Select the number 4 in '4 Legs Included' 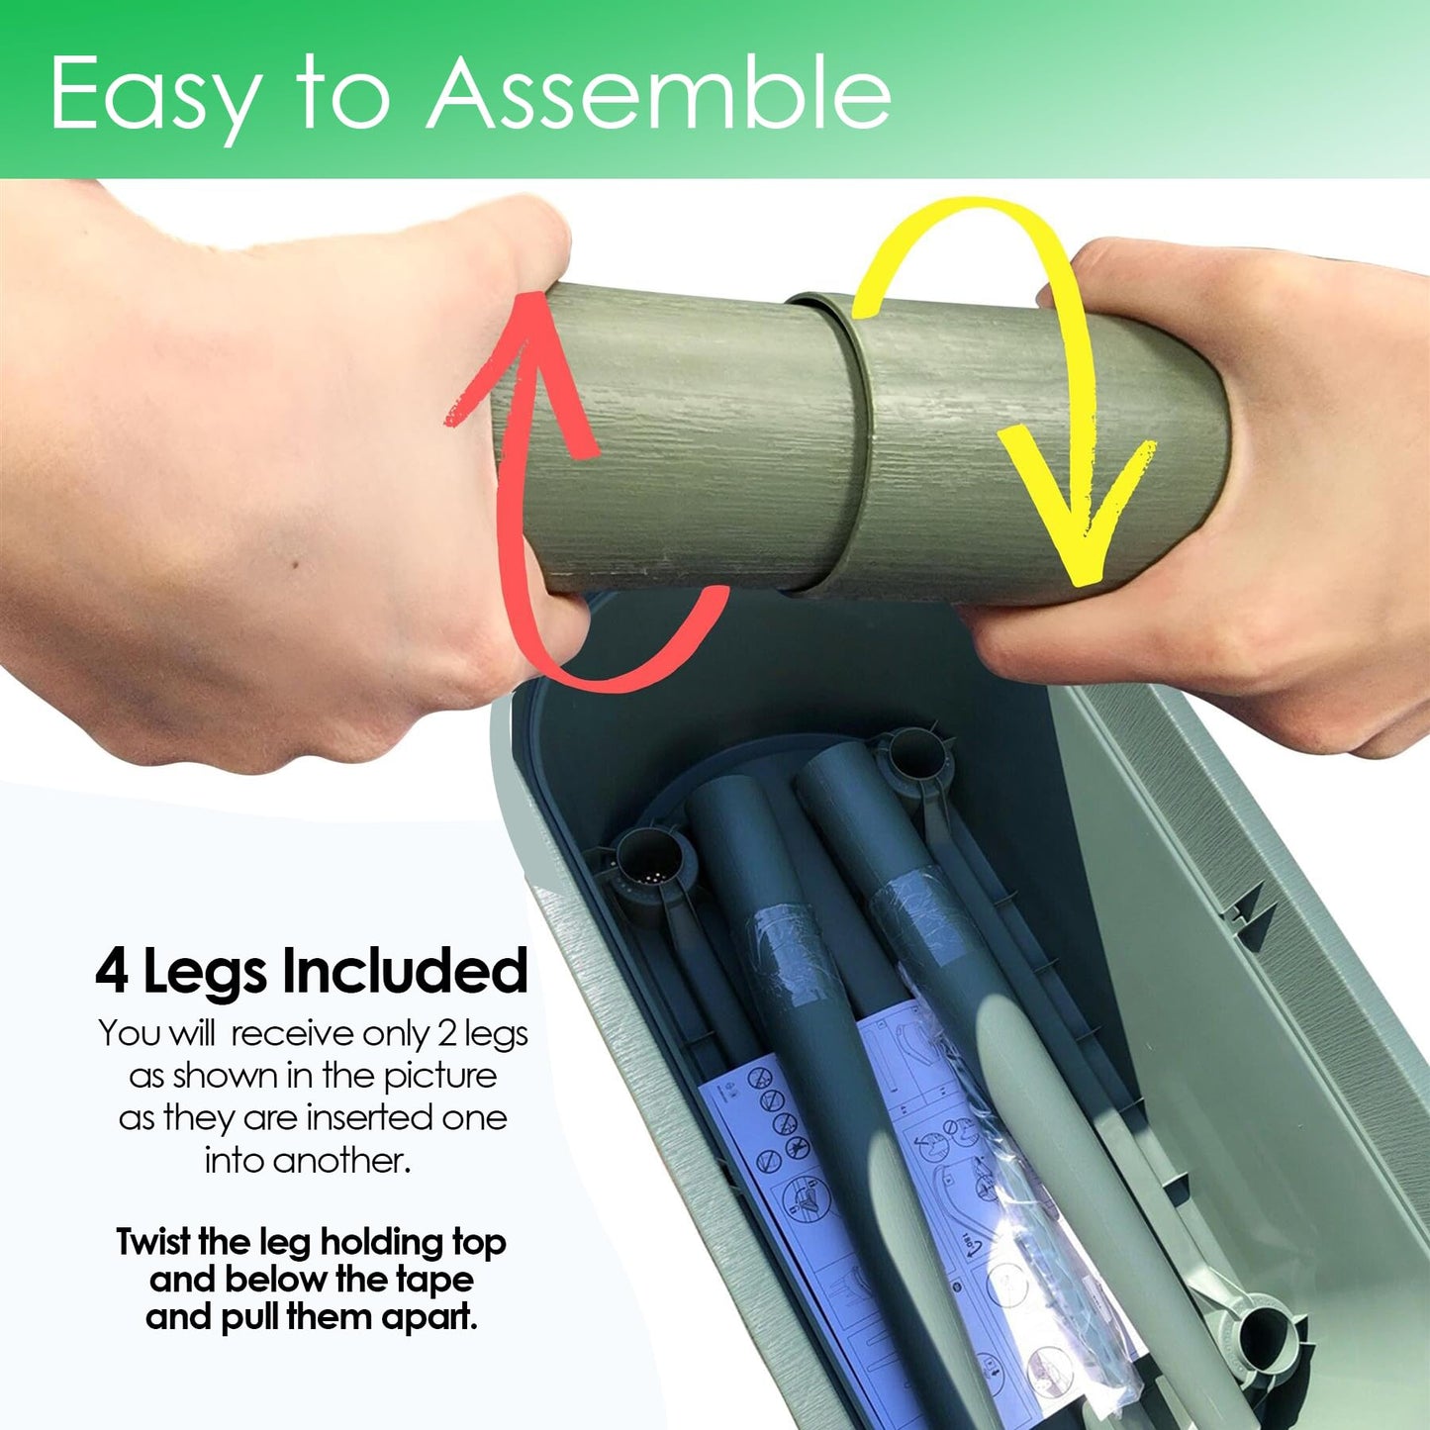pos(112,972)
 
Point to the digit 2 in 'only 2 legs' pos(446,1034)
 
